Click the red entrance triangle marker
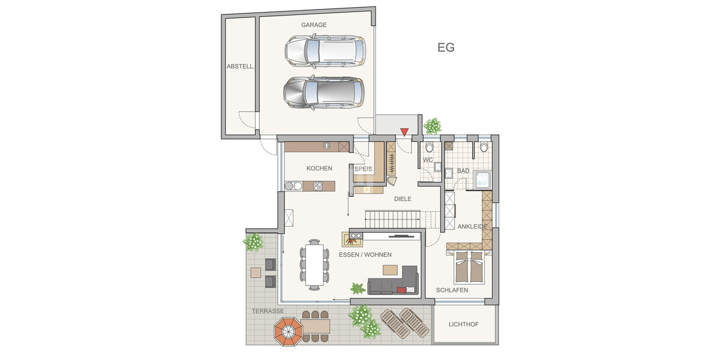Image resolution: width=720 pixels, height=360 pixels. [x=404, y=132]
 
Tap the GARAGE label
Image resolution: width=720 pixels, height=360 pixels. [x=314, y=25]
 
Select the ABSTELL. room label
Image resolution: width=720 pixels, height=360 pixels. [x=241, y=67]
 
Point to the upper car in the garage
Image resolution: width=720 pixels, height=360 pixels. [x=325, y=50]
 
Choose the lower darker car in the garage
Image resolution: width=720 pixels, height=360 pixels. [x=323, y=92]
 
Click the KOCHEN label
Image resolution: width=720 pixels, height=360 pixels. [x=319, y=169]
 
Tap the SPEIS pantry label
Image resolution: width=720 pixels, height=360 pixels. [x=364, y=169]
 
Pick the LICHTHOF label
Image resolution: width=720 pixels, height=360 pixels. [x=464, y=325]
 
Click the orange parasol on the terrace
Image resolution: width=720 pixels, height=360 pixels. [x=289, y=331]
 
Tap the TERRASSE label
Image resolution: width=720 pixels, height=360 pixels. [x=268, y=311]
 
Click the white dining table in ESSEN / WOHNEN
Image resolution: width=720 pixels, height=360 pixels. [x=314, y=262]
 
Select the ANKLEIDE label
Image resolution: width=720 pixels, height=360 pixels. [x=476, y=227]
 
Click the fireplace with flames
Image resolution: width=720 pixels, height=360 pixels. [x=352, y=240]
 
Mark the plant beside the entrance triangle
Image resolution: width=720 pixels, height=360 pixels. [x=432, y=126]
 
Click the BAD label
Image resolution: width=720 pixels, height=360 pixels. [x=463, y=171]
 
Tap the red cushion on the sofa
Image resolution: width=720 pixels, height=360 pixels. [x=401, y=290]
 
